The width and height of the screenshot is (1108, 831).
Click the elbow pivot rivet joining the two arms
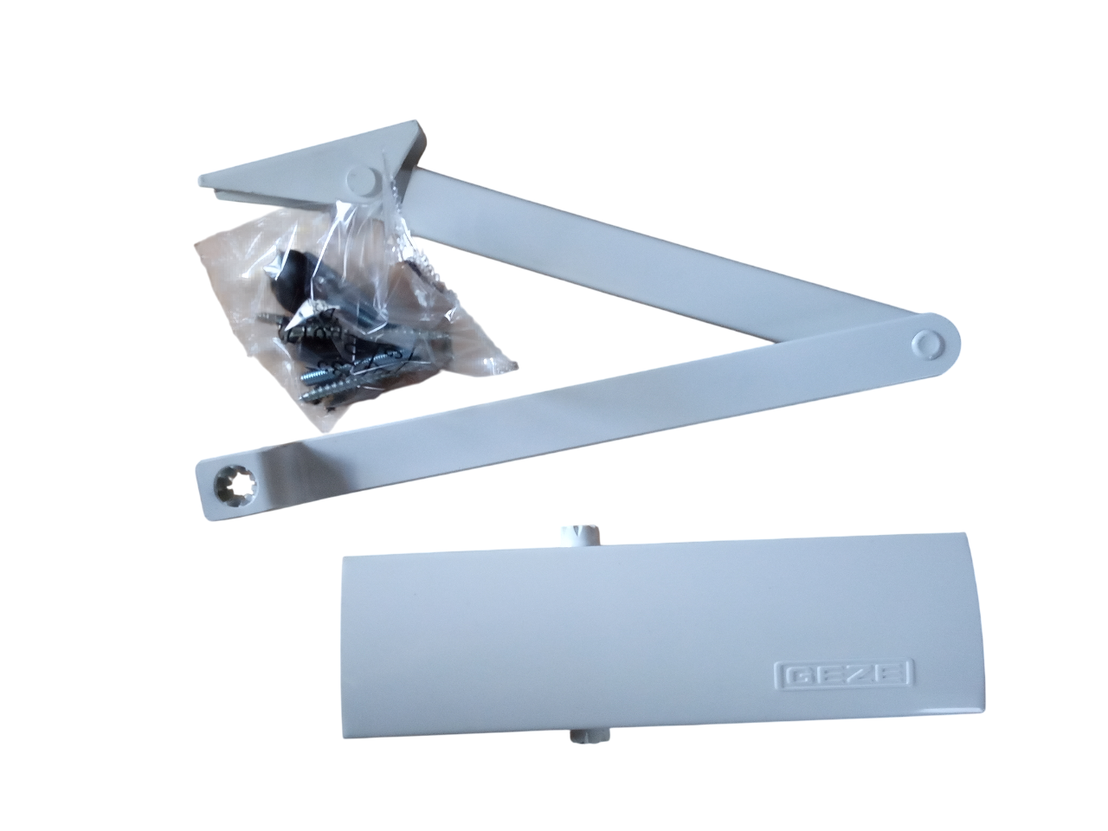click(927, 345)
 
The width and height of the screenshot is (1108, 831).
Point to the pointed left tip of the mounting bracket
click(200, 180)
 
